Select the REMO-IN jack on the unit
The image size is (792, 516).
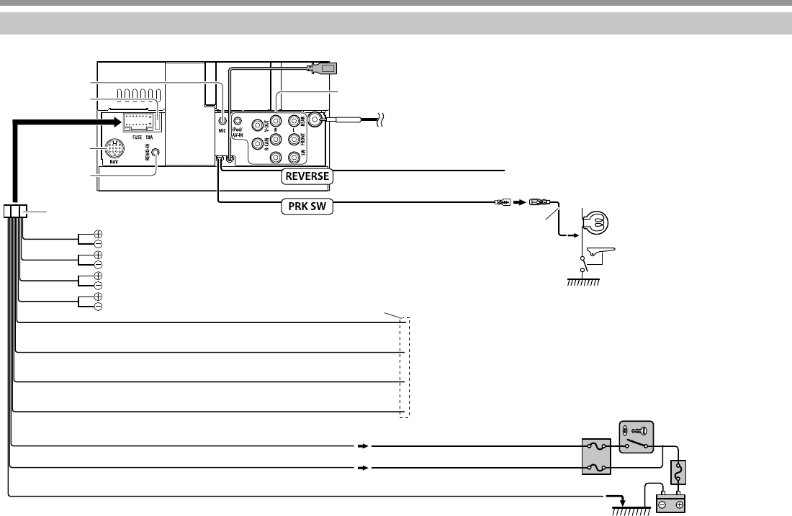[x=153, y=153]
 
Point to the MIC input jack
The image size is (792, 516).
[x=222, y=122]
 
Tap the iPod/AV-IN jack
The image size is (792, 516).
[x=238, y=121]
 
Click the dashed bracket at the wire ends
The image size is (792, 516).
[x=405, y=367]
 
